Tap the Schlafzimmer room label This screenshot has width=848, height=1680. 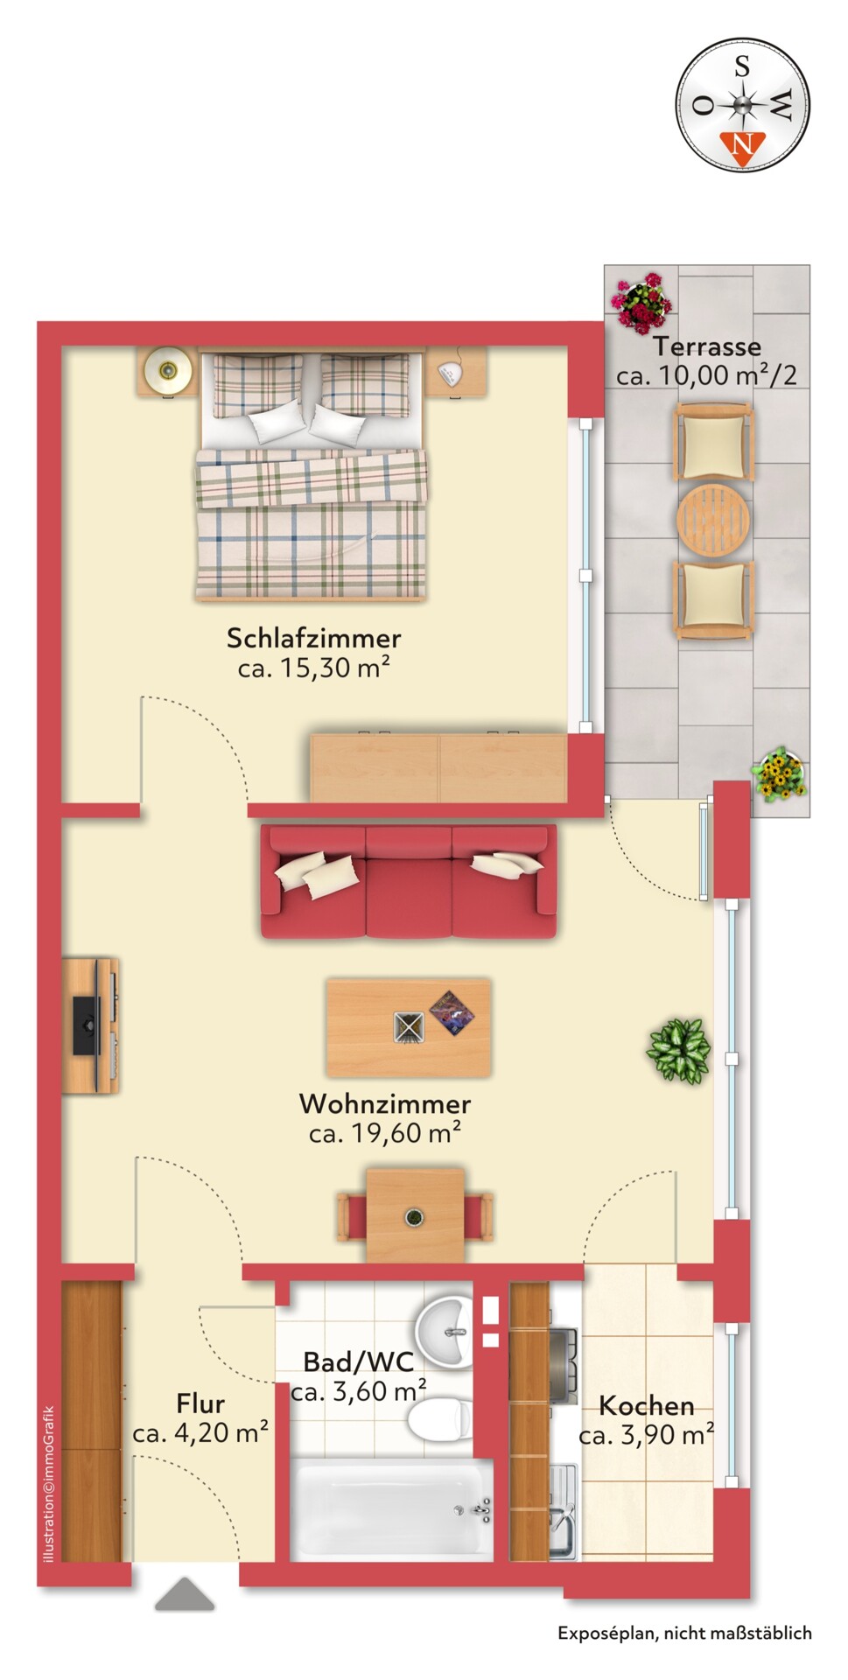pos(313,638)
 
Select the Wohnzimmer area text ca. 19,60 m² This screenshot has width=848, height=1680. pos(384,1133)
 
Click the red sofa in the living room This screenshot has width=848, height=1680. pos(408,882)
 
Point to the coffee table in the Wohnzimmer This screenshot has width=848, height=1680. pos(408,1026)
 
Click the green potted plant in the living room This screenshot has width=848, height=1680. pos(678,1051)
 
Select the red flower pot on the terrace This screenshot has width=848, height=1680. pos(641,301)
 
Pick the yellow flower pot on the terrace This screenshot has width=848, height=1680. pos(778,773)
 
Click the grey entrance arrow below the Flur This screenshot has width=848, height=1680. pos(185,1595)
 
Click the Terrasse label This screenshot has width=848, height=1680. pos(706,346)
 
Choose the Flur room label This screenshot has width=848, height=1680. pos(200,1403)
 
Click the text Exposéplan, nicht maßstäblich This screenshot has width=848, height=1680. pos(684,1633)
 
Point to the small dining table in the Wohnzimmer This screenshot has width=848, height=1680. pos(415,1214)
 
